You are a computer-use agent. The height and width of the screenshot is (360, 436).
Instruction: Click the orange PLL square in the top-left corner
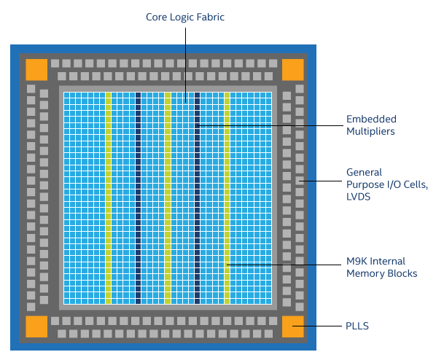pyautogui.click(x=36, y=69)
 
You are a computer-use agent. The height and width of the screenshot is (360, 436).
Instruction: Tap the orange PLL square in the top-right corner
pyautogui.click(x=292, y=69)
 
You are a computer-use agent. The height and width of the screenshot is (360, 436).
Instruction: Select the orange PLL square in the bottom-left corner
pyautogui.click(x=36, y=326)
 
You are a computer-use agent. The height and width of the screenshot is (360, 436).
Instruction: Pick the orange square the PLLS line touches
pyautogui.click(x=292, y=326)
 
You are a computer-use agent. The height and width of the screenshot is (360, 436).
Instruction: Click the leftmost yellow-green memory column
pyautogui.click(x=109, y=197)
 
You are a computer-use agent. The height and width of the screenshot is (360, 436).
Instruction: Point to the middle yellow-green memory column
pyautogui.click(x=168, y=197)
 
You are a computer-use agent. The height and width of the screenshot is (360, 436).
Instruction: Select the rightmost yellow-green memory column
pyautogui.click(x=227, y=197)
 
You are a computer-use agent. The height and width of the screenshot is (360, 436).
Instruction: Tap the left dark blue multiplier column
pyautogui.click(x=138, y=197)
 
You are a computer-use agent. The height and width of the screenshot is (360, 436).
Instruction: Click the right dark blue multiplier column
pyautogui.click(x=197, y=197)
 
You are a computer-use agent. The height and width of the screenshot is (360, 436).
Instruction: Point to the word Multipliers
pyautogui.click(x=370, y=132)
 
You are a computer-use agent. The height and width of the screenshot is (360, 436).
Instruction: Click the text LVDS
pyautogui.click(x=359, y=197)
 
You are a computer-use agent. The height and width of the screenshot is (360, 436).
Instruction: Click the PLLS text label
pyautogui.click(x=357, y=326)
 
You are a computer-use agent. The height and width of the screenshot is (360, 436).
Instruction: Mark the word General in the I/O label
pyautogui.click(x=364, y=172)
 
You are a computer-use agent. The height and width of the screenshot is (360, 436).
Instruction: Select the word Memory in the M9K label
pyautogui.click(x=364, y=273)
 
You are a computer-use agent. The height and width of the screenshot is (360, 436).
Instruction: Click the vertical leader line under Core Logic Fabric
pyautogui.click(x=185, y=58)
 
